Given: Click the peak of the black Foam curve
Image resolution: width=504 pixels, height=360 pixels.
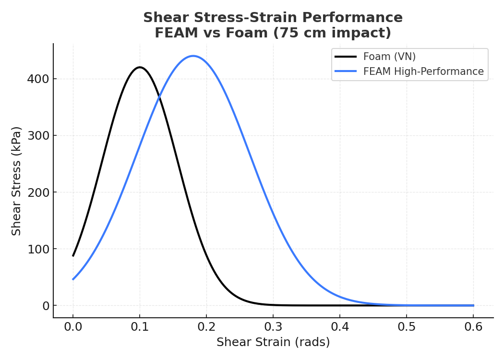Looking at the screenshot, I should [140, 67].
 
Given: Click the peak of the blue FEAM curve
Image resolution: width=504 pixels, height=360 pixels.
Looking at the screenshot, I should [193, 56].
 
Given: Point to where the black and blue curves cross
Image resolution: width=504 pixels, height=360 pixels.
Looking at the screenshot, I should [158, 97].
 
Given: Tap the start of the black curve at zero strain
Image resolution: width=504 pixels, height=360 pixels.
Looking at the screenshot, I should [73, 256].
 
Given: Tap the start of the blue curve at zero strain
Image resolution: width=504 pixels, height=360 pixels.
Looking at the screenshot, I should [73, 279].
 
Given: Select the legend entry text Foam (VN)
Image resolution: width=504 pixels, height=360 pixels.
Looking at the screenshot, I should [389, 57].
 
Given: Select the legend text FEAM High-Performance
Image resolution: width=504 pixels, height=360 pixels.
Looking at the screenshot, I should [423, 72].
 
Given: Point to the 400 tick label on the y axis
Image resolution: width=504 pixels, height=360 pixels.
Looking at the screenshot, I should [38, 79].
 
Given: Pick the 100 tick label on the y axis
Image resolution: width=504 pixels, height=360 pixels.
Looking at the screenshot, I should [38, 249].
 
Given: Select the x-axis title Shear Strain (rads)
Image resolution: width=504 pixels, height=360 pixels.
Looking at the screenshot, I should [273, 342].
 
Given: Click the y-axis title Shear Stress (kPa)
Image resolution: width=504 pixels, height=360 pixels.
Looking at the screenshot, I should [17, 181].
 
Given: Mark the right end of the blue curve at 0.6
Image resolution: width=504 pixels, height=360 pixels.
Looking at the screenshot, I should [473, 305].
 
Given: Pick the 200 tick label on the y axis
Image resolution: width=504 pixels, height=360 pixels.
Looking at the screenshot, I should [38, 192].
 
